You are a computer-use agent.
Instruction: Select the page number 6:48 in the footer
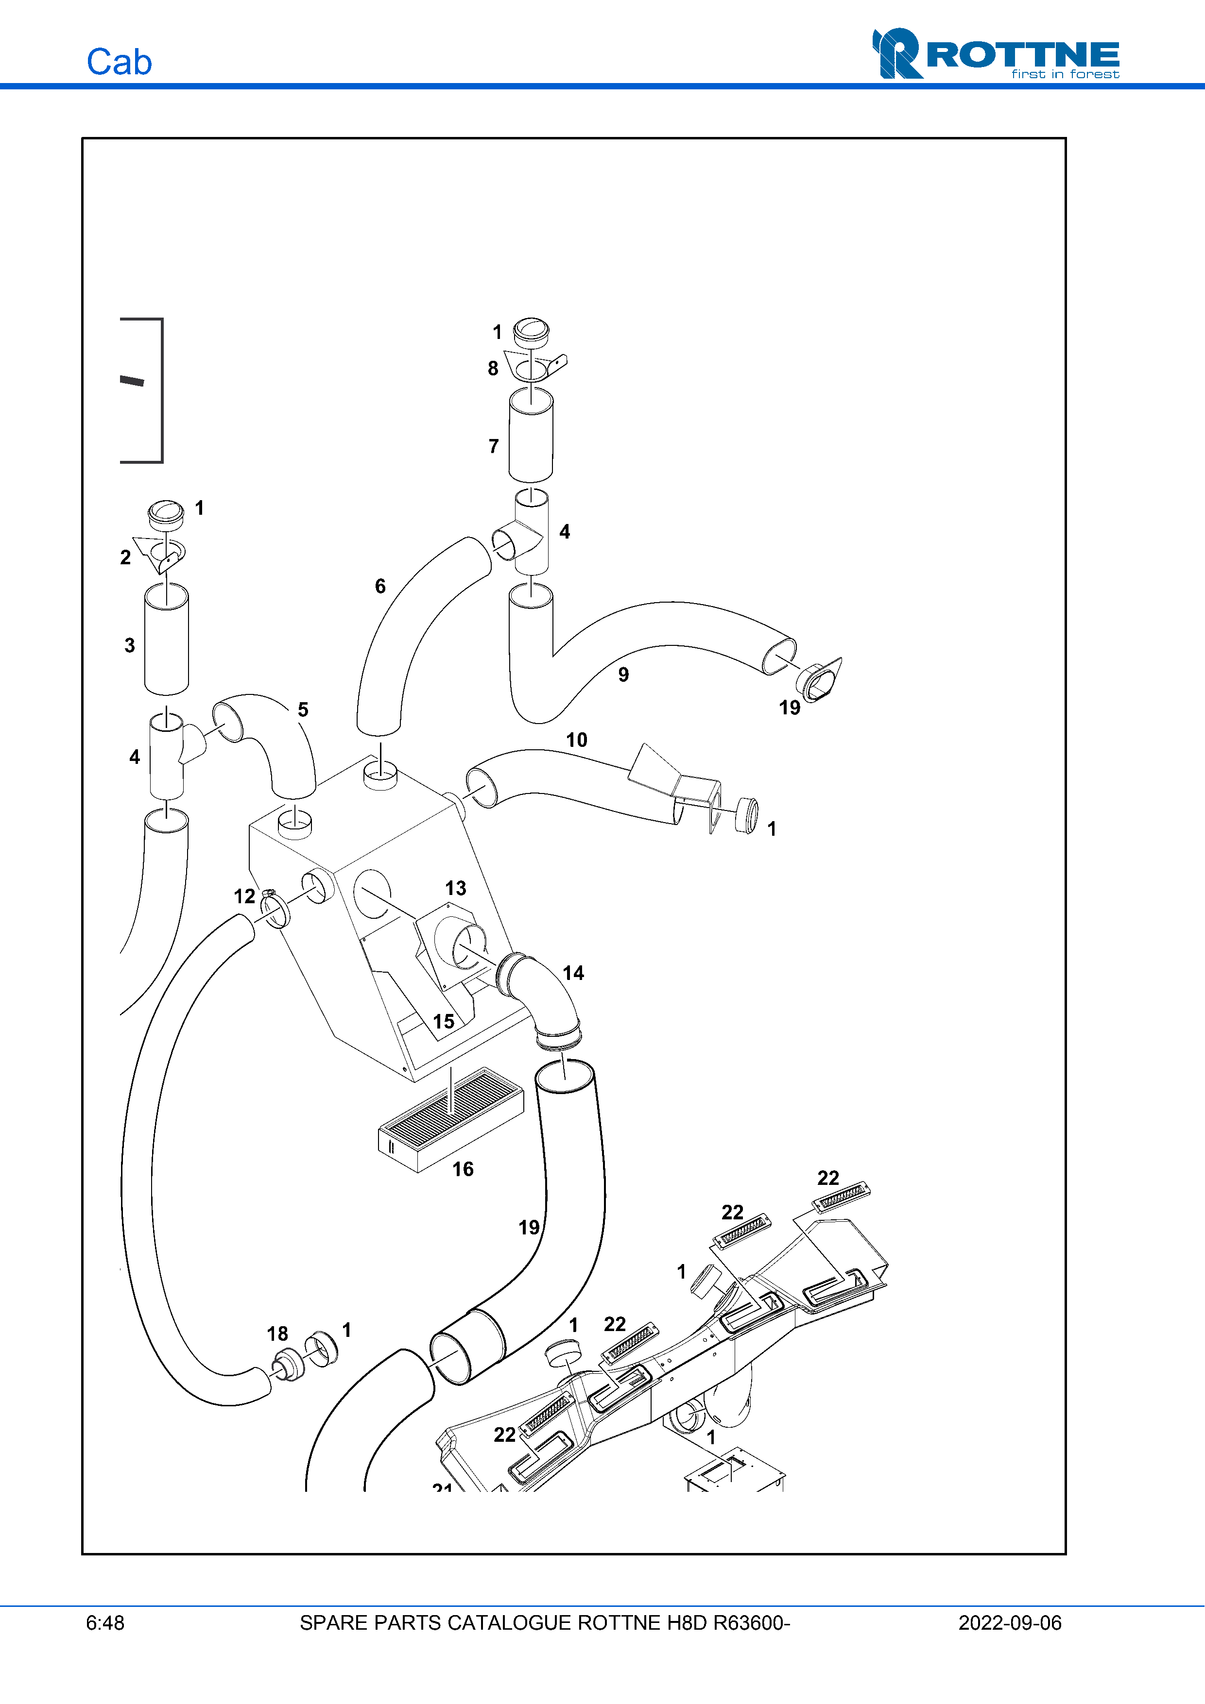click(x=105, y=1622)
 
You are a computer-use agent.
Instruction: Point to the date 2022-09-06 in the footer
click(x=1010, y=1622)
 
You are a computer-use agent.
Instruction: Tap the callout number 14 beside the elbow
click(x=573, y=973)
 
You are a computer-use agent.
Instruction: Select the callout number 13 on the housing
click(x=456, y=888)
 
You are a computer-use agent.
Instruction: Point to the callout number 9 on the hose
click(x=624, y=674)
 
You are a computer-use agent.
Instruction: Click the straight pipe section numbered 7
click(x=531, y=436)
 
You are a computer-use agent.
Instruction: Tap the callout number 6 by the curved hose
click(x=380, y=586)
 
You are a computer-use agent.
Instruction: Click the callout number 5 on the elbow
click(x=303, y=709)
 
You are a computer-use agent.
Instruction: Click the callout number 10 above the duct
click(x=576, y=740)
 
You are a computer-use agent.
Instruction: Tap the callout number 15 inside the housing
click(x=444, y=1021)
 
